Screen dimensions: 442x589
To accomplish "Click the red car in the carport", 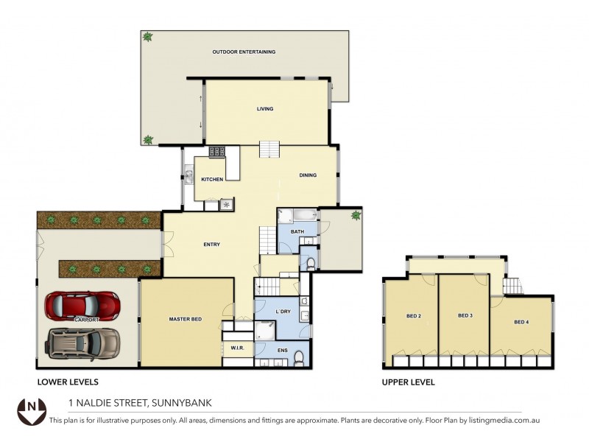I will (82, 305).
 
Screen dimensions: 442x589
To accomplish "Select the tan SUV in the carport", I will (83, 342).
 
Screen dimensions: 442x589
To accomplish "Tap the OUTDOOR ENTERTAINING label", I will (244, 52).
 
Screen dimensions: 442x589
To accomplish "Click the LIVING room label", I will (265, 109).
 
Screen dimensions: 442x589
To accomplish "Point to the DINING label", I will (308, 175).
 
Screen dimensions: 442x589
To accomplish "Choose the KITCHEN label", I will (212, 179).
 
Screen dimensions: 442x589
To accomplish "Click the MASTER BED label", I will (186, 319).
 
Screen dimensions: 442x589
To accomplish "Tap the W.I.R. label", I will (237, 348).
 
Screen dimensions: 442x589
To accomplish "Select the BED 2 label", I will (414, 316).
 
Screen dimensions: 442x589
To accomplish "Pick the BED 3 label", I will (465, 315).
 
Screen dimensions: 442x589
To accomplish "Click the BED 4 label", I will (521, 322).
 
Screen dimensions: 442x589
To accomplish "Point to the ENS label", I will (283, 351).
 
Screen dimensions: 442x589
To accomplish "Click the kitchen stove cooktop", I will (216, 152).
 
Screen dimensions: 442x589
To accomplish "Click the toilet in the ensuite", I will (298, 358).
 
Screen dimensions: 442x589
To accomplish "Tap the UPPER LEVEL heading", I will (408, 382).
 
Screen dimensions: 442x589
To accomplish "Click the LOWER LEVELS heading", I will (68, 382).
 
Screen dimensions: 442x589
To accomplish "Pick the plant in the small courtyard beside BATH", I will (356, 215).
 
